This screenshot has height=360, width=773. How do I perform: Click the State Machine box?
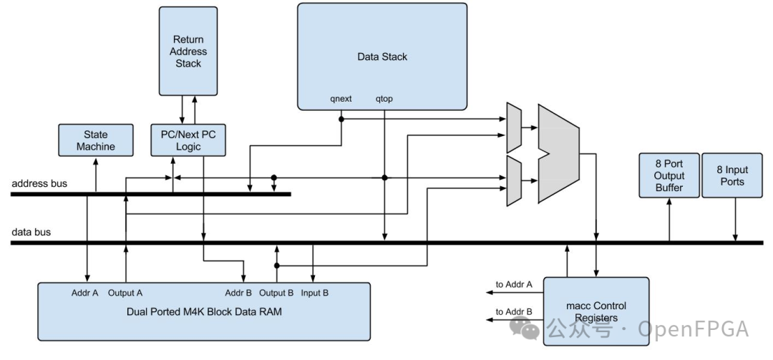click(95, 140)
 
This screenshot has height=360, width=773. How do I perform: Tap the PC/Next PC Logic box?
click(188, 140)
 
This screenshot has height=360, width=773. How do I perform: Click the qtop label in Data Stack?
click(384, 99)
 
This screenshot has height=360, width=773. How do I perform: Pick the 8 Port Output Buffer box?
click(669, 175)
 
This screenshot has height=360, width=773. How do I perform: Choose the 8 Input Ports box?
click(731, 175)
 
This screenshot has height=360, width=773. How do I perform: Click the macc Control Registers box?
click(596, 312)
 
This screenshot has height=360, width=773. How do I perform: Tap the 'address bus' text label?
click(39, 184)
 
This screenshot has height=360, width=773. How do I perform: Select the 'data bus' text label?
click(31, 233)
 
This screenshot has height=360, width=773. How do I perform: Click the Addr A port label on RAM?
click(84, 293)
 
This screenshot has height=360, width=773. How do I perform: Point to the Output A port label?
click(125, 293)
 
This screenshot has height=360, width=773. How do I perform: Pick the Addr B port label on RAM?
click(238, 293)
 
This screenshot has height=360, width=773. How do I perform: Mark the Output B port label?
click(277, 293)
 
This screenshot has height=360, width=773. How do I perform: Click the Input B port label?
click(315, 293)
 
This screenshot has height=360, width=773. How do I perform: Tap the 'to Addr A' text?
click(514, 285)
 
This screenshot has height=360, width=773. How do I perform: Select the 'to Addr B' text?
click(514, 313)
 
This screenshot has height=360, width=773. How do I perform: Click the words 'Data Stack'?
click(382, 57)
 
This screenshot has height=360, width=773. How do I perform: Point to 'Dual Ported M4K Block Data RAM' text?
click(203, 312)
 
